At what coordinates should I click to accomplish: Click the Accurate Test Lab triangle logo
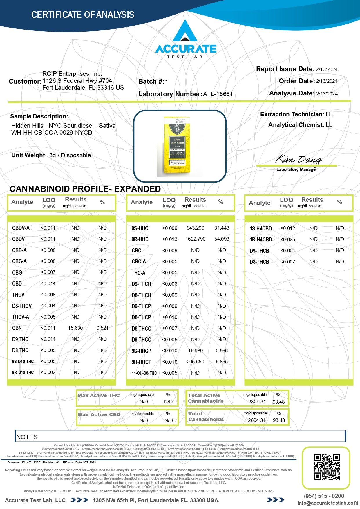click(185, 31)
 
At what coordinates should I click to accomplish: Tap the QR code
click(326, 467)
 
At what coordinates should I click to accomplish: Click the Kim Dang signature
click(299, 159)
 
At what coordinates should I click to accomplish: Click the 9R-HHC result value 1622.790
click(195, 239)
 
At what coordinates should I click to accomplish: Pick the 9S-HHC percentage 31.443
click(222, 228)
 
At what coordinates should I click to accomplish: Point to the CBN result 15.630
click(75, 328)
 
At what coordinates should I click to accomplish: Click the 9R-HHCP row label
click(142, 362)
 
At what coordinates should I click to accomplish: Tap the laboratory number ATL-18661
click(218, 94)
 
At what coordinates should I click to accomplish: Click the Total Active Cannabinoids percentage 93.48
click(278, 402)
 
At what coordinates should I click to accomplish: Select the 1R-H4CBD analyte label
click(261, 240)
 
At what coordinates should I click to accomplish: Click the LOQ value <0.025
click(287, 239)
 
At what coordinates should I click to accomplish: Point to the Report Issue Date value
click(327, 69)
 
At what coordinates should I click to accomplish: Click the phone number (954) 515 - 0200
click(324, 496)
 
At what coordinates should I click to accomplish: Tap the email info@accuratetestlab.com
click(328, 503)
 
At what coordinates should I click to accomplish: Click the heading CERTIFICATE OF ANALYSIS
click(83, 15)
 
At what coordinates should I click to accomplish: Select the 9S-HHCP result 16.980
click(195, 351)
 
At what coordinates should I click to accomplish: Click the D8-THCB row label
click(259, 262)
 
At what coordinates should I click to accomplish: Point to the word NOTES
click(28, 437)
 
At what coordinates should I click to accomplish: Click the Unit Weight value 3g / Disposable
click(70, 155)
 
